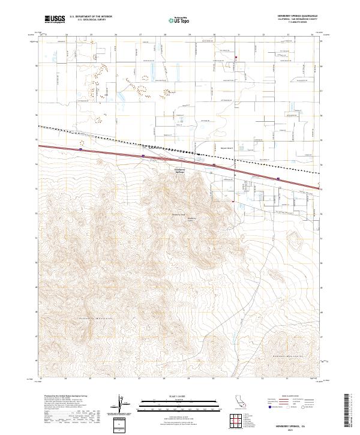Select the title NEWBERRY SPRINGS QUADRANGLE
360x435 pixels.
pyautogui.click(x=298, y=16)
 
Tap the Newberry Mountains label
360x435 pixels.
pyautogui.click(x=96, y=317)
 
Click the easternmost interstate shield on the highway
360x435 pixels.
pyautogui.click(x=278, y=178)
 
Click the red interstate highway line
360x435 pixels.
pyautogui.click(x=180, y=161)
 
